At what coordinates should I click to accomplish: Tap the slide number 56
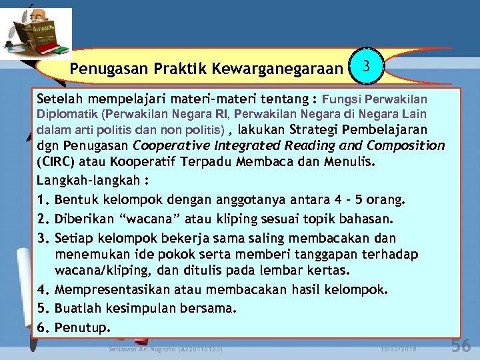tap(461, 345)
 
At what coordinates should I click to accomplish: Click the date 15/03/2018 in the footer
tap(398, 349)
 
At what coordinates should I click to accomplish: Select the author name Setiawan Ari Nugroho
tap(165, 349)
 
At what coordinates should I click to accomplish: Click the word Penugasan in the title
tap(100, 69)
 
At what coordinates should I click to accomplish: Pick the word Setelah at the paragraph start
tap(59, 99)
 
